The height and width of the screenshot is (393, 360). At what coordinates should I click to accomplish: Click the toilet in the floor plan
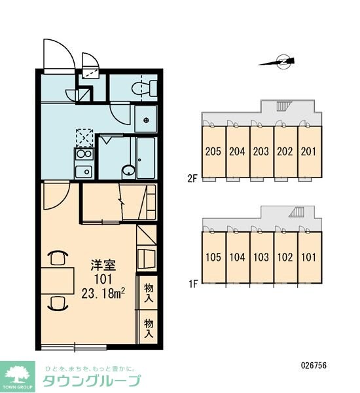(144, 88)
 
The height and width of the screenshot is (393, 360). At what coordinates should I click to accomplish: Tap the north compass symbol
(278, 62)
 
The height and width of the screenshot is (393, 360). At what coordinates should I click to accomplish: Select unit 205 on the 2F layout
(213, 152)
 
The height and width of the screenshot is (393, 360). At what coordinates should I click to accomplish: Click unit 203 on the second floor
(261, 152)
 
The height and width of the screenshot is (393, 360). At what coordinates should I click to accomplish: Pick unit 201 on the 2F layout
(309, 152)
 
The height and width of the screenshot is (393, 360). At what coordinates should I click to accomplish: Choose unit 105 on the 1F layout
(213, 257)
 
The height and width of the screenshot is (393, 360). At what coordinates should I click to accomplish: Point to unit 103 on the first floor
(261, 257)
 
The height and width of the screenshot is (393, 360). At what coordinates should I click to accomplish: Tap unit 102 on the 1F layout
(285, 257)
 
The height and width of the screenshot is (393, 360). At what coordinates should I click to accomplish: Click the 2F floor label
(192, 179)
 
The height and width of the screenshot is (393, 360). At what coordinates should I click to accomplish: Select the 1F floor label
(192, 284)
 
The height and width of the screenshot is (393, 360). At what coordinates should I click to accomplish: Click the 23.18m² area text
(103, 293)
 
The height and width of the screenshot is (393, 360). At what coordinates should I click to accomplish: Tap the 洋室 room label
(103, 265)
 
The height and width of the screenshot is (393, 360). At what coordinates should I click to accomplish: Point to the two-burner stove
(84, 154)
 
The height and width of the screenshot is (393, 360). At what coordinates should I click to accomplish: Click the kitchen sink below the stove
(84, 172)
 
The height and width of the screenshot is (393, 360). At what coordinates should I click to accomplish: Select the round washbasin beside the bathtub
(128, 172)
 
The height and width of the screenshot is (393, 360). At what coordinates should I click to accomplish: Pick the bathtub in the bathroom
(146, 158)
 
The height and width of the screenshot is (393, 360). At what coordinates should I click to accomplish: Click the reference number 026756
(314, 365)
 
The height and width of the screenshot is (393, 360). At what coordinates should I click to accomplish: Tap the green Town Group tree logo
(18, 377)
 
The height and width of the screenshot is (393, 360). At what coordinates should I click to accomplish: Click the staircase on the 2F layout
(284, 106)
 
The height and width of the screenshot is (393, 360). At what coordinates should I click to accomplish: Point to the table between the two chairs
(58, 281)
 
